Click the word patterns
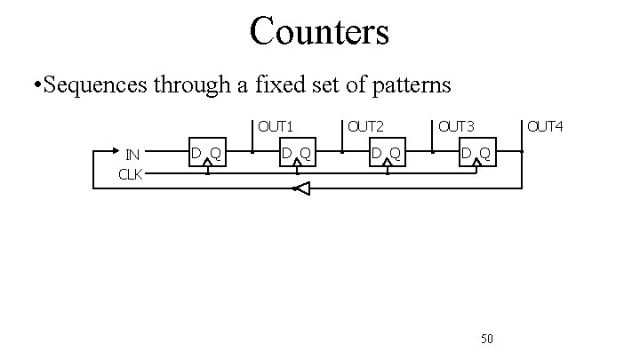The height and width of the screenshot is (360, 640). [x=408, y=86]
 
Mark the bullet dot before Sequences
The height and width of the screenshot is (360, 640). [x=33, y=87]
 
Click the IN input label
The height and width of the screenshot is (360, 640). [x=132, y=154]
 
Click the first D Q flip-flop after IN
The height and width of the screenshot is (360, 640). [x=208, y=155]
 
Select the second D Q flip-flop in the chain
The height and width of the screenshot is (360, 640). [x=297, y=155]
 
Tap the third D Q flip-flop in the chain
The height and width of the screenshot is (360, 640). [x=387, y=155]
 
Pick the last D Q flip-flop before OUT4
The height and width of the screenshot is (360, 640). [x=476, y=155]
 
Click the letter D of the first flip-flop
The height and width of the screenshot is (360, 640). [x=197, y=155]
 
